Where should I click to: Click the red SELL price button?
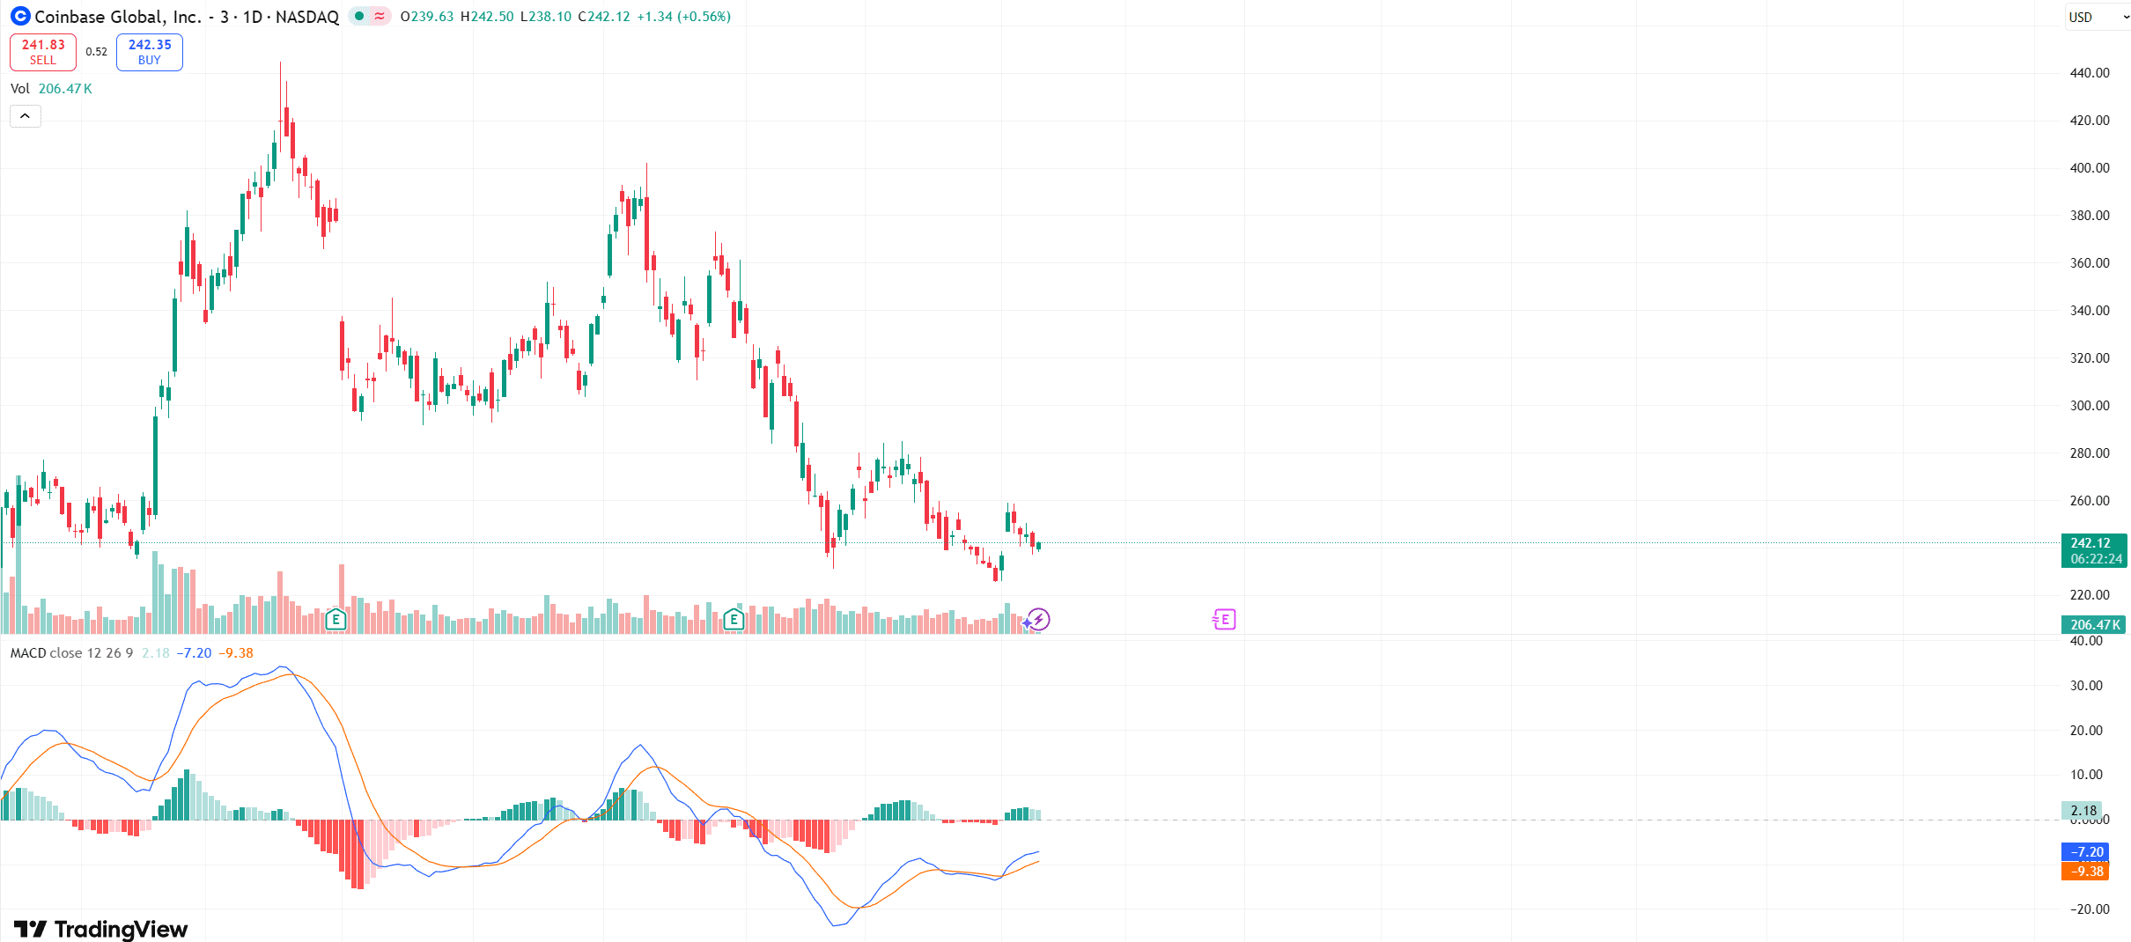click(x=43, y=52)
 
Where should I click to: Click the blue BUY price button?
click(x=150, y=52)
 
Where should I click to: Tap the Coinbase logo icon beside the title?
click(x=20, y=16)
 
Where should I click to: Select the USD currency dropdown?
click(x=2097, y=17)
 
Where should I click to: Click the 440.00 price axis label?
click(x=2089, y=73)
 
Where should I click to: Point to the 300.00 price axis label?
click(x=2089, y=406)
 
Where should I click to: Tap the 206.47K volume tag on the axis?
click(x=2094, y=625)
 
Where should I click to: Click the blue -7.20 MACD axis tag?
click(x=2085, y=852)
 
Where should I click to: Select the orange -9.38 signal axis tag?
click(x=2085, y=872)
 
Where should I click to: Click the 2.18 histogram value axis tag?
click(x=2083, y=811)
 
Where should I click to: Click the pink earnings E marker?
click(x=1224, y=620)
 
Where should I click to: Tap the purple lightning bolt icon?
click(x=1039, y=620)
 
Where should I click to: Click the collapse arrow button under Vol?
click(x=26, y=116)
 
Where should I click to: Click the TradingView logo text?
click(x=101, y=929)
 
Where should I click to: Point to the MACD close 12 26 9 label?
click(x=71, y=653)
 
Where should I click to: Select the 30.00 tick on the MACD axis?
click(x=2086, y=686)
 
